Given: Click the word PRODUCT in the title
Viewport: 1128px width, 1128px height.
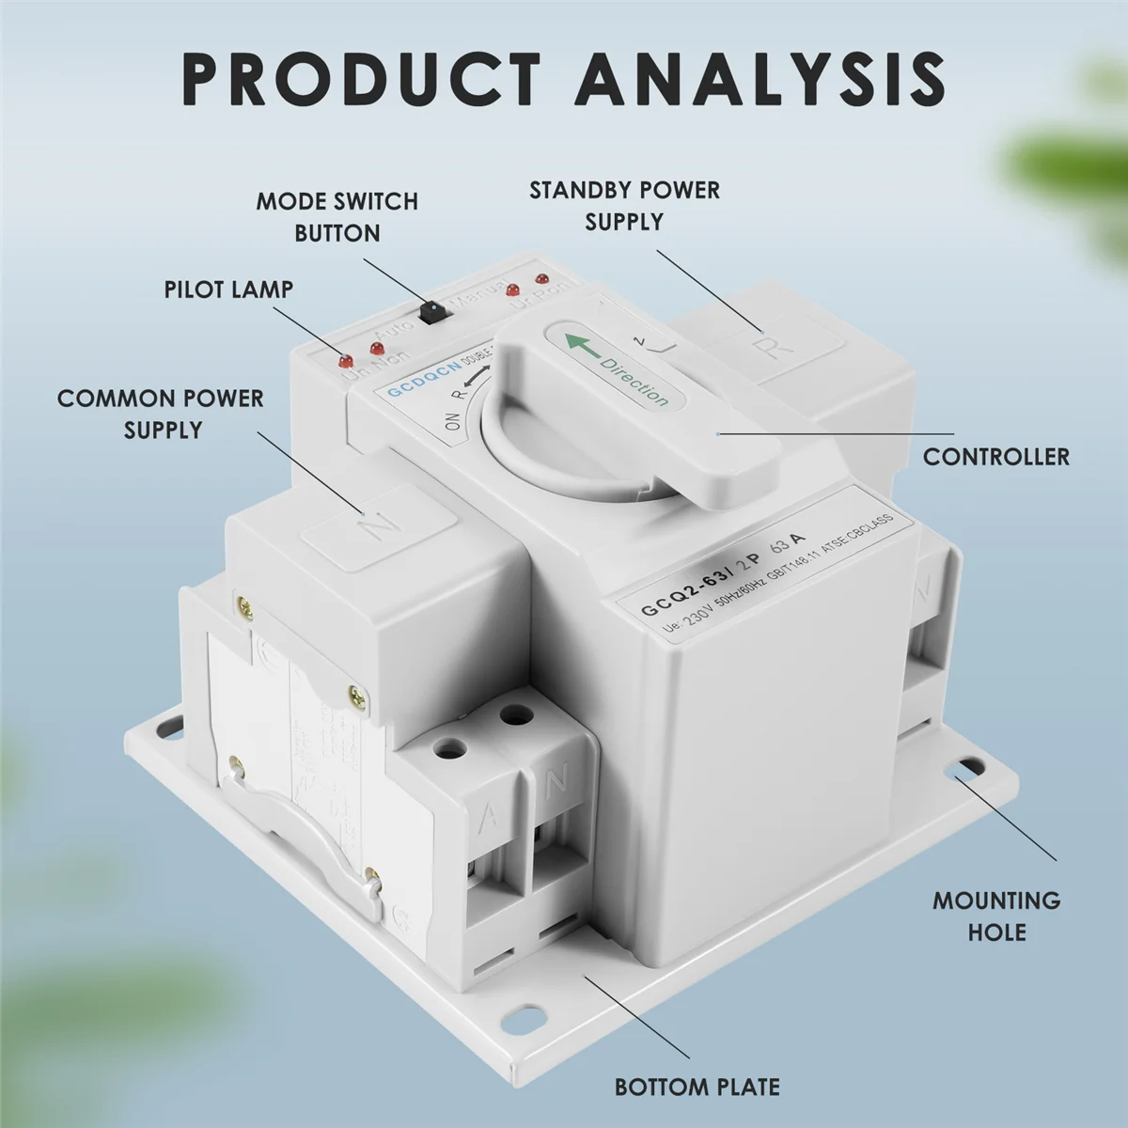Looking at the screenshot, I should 361,79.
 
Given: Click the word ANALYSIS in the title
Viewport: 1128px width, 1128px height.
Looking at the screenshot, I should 760,79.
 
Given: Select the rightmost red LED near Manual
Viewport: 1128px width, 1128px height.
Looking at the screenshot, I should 540,280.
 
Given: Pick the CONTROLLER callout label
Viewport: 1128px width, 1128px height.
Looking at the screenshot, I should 995,457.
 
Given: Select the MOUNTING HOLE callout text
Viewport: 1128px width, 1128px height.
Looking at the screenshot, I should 996,916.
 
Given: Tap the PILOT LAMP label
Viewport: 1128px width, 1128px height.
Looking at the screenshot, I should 228,290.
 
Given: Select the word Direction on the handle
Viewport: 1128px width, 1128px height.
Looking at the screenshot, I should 634,381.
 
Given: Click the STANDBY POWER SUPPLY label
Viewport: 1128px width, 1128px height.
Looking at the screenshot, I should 624,206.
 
